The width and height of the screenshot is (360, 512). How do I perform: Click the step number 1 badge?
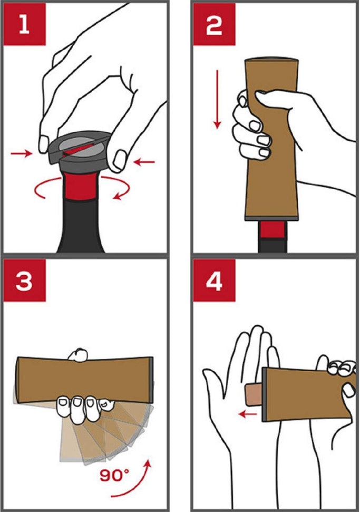[24, 24]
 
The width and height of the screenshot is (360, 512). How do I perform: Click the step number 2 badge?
[214, 24]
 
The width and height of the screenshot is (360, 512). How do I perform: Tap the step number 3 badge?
[24, 280]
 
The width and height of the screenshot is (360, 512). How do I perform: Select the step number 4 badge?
[214, 280]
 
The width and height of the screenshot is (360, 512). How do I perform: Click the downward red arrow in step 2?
[217, 99]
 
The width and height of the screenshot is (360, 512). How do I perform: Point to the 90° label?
[114, 475]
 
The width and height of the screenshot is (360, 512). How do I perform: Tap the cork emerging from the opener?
[254, 394]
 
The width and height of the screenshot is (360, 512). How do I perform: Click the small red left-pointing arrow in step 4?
[248, 414]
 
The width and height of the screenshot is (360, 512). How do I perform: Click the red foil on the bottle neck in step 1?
[80, 186]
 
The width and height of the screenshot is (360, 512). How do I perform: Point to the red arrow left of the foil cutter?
[22, 153]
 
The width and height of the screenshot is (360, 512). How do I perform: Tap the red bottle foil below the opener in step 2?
[273, 230]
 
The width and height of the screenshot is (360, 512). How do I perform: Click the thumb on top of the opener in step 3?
[77, 355]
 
